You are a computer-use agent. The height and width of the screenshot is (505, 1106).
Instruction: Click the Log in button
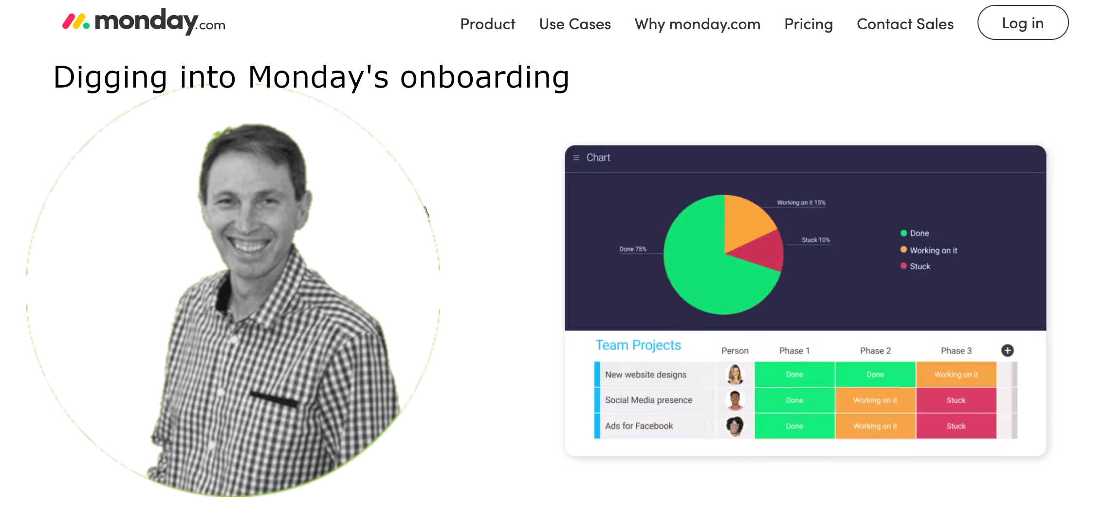(x=1023, y=23)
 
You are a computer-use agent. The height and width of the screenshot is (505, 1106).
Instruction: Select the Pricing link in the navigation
(x=809, y=24)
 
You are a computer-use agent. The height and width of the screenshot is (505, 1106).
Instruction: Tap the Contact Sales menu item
(x=905, y=24)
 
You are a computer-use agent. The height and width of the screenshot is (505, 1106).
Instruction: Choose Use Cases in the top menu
(x=575, y=24)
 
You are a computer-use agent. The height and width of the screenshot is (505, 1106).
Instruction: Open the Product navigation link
(x=487, y=24)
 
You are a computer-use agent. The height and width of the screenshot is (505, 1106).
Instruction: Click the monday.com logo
(x=144, y=22)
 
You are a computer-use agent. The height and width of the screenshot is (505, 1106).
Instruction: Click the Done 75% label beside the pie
(x=633, y=249)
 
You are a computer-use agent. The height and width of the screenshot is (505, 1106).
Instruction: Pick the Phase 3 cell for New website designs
(x=956, y=375)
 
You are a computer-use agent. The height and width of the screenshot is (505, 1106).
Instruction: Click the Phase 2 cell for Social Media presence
(x=875, y=400)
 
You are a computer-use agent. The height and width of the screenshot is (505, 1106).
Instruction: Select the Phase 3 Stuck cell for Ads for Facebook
(x=956, y=426)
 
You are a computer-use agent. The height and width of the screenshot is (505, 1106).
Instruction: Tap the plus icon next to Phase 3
(x=1008, y=350)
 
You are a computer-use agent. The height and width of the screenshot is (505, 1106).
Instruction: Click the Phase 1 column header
(x=794, y=351)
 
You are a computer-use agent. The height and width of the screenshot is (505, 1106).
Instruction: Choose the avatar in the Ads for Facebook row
(x=735, y=426)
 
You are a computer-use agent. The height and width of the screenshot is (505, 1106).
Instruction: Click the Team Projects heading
(x=638, y=345)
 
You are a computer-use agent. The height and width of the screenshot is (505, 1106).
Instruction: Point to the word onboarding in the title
(x=485, y=77)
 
